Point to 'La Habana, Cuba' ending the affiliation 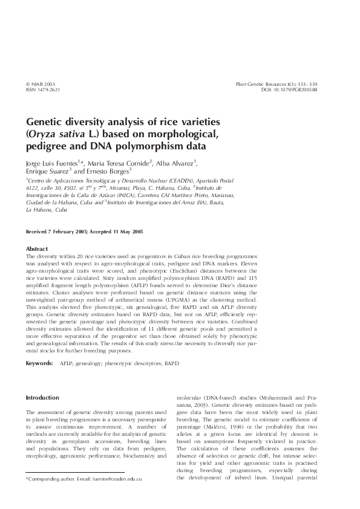47,209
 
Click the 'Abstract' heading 37,248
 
